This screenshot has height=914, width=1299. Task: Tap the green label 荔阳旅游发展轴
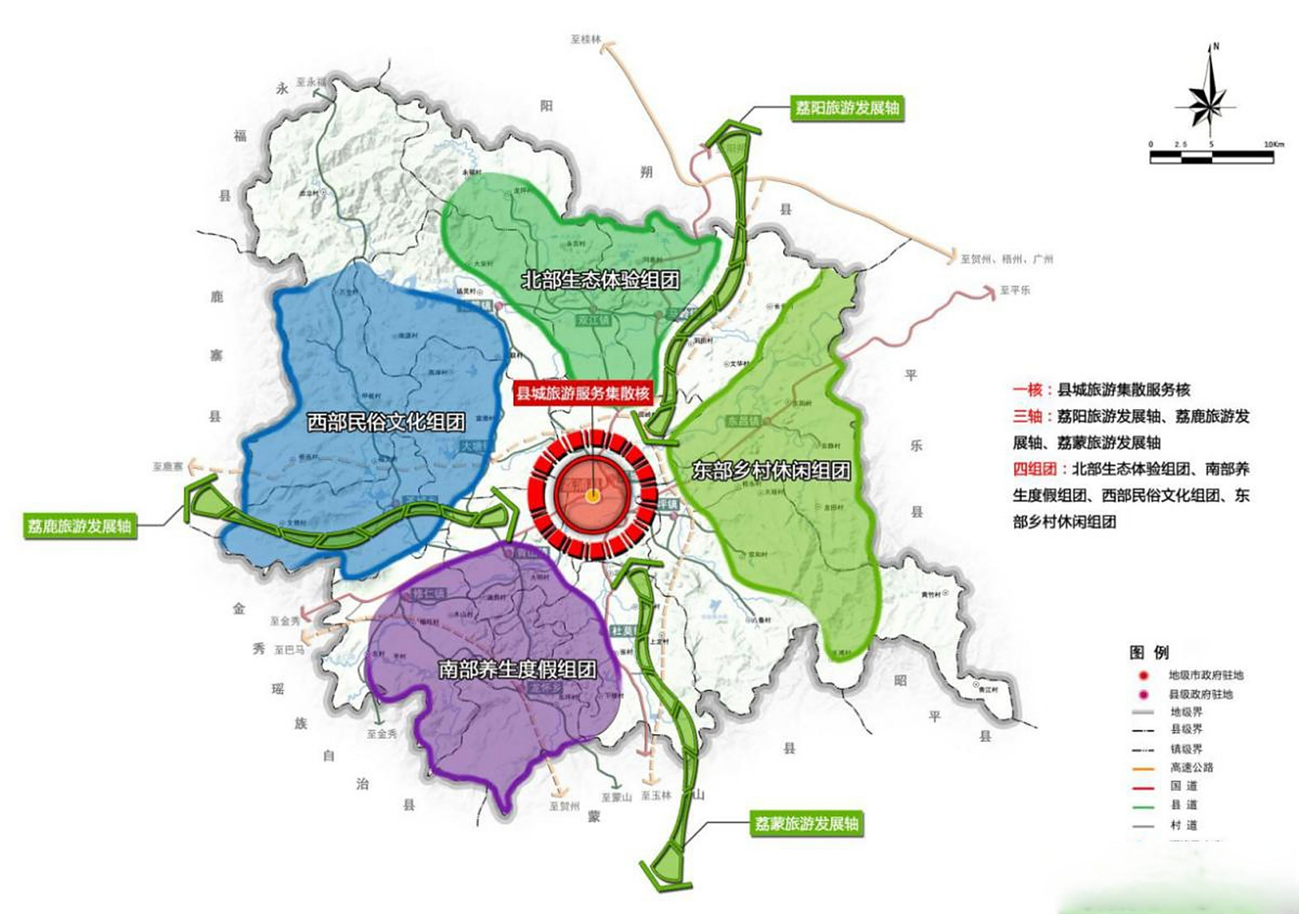(847, 109)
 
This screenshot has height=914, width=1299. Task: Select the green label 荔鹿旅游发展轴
(79, 526)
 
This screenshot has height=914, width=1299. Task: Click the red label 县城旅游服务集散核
(583, 393)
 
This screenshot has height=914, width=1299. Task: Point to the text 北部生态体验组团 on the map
(600, 279)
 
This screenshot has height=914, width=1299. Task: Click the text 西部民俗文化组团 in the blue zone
(386, 422)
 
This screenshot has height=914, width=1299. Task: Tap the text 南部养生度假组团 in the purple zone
(517, 669)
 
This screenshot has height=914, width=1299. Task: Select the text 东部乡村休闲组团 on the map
(772, 471)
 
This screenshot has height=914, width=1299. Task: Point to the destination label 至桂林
(586, 40)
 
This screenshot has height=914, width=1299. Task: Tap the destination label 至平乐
(1015, 291)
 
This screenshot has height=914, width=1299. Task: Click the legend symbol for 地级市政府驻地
(1143, 676)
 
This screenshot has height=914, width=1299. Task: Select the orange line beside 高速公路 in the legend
(1143, 768)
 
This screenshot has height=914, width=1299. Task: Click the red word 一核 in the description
(1028, 390)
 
